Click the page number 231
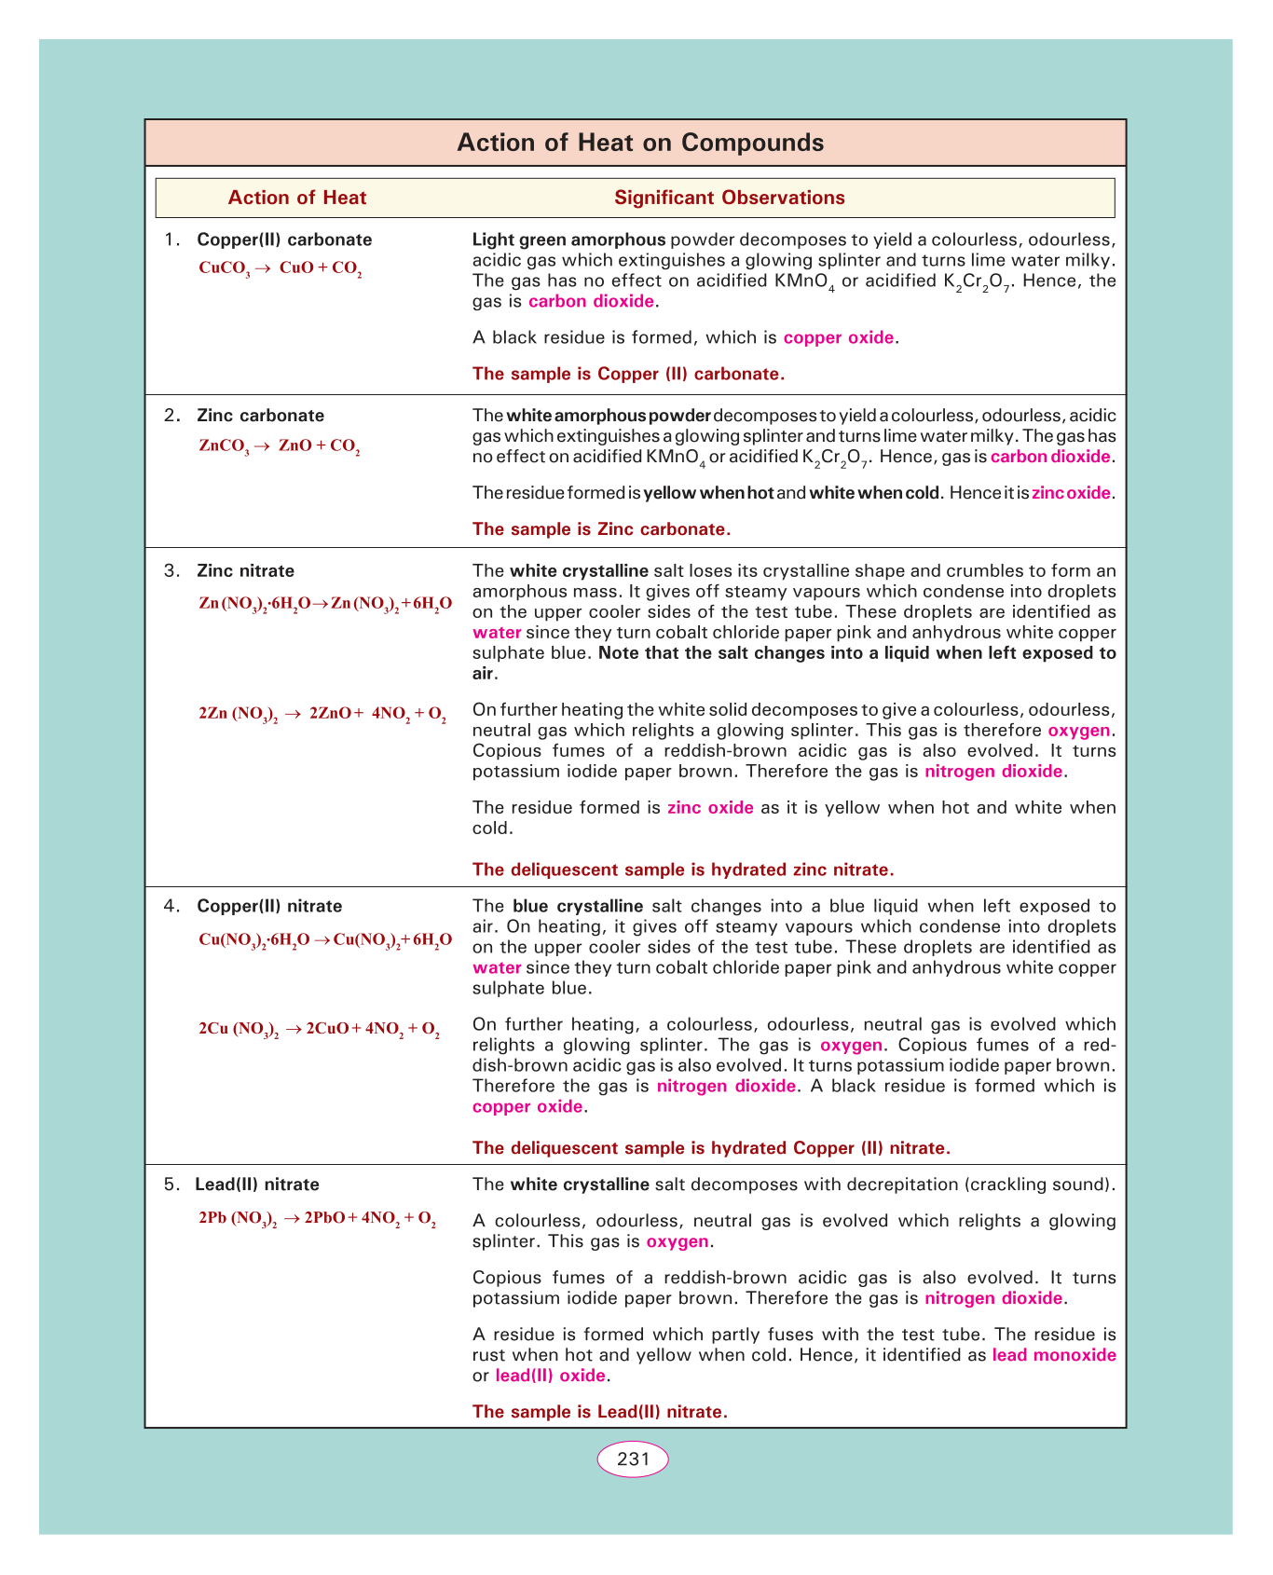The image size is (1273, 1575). [633, 1459]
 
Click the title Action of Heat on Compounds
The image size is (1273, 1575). [640, 143]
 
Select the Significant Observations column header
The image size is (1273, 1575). [729, 198]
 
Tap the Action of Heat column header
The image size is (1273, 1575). [297, 198]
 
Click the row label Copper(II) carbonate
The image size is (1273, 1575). [284, 240]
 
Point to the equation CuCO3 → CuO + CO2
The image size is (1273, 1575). [281, 268]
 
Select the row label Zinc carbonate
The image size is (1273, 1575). [260, 416]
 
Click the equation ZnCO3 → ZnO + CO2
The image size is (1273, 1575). [280, 446]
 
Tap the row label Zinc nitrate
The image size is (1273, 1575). [245, 570]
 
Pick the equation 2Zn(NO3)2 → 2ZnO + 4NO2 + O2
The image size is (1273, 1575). [322, 715]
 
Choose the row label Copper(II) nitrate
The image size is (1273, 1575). [269, 906]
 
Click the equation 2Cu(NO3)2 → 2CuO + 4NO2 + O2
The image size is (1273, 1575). [320, 1030]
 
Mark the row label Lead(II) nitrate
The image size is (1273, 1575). [257, 1185]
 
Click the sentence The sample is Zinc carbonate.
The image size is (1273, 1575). [601, 529]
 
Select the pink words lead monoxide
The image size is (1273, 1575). [1053, 1355]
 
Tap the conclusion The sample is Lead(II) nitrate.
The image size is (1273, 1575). [599, 1412]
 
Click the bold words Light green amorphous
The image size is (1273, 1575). [568, 240]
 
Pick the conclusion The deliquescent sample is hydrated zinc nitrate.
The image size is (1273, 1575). [683, 870]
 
